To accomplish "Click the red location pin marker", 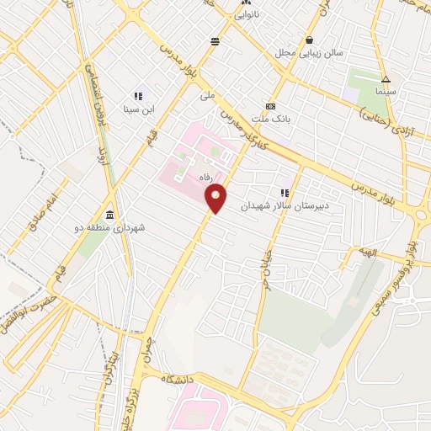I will [x=216, y=198].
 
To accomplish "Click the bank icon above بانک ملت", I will [x=270, y=107].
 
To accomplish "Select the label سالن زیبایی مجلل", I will [x=309, y=53].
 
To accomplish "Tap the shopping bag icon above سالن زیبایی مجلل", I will [x=310, y=40].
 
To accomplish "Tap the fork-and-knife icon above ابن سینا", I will [x=138, y=96].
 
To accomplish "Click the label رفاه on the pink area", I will [x=203, y=178].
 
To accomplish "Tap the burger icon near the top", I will [x=215, y=40].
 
